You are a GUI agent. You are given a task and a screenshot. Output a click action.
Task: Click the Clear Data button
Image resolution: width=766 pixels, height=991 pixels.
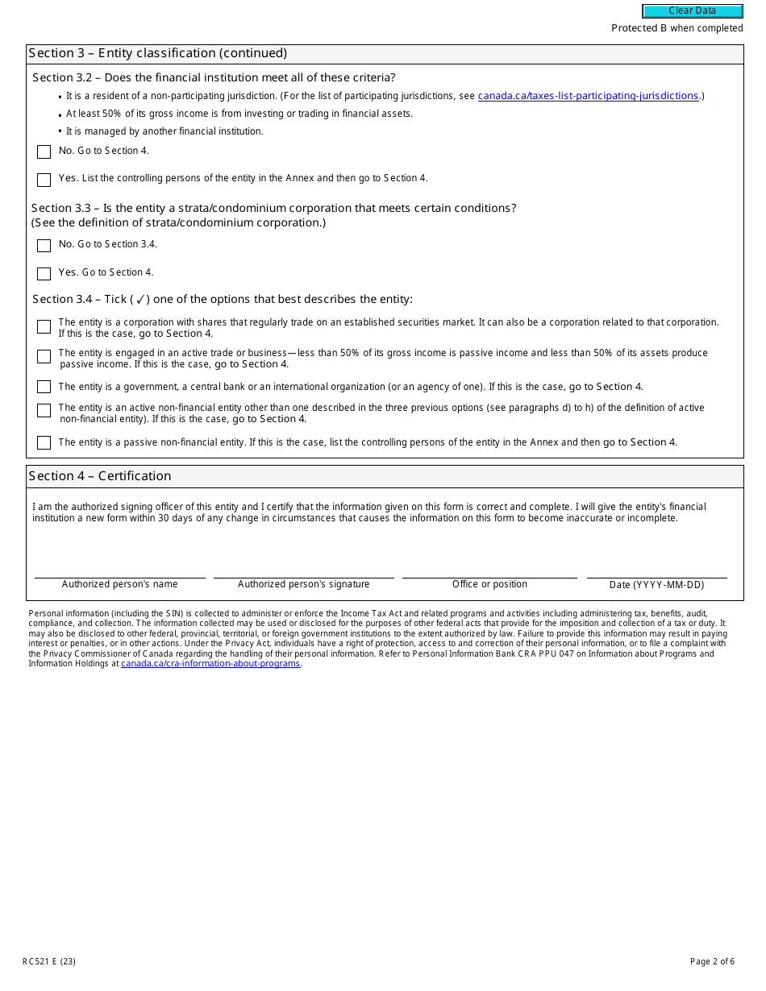[692, 11]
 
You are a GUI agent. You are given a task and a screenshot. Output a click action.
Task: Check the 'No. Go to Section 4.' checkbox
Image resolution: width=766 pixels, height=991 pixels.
[44, 151]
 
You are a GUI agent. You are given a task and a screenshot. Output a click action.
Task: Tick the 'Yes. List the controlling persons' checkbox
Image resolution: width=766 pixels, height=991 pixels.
[44, 180]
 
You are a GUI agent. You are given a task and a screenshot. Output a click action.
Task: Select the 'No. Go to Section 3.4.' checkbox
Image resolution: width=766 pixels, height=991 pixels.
[44, 245]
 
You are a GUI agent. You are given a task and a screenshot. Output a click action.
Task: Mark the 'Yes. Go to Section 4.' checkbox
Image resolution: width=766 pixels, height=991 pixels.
[44, 273]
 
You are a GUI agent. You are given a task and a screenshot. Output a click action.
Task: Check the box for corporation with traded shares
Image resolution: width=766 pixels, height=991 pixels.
[44, 326]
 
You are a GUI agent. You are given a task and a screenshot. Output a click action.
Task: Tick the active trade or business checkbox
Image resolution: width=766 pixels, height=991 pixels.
[44, 356]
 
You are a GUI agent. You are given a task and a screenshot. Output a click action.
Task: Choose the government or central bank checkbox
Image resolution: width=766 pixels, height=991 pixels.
[44, 387]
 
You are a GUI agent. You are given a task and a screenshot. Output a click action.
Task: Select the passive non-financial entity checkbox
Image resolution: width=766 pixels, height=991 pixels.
[44, 442]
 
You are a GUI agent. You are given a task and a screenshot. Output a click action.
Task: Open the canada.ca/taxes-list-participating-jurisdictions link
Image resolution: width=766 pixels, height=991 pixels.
[588, 96]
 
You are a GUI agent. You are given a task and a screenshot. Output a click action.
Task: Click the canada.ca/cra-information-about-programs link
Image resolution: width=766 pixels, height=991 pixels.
[210, 663]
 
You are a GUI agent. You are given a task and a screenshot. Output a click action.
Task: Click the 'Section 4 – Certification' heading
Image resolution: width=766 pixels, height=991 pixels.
[100, 476]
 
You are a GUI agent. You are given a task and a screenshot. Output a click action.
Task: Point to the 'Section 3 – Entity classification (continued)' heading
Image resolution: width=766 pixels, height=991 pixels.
[158, 53]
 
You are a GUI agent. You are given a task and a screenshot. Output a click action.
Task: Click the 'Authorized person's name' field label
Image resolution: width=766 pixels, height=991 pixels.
[119, 584]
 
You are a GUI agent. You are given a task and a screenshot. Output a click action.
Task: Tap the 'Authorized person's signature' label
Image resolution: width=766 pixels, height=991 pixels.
[303, 584]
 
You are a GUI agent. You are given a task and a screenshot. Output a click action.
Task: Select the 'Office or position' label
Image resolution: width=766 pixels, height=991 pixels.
[489, 584]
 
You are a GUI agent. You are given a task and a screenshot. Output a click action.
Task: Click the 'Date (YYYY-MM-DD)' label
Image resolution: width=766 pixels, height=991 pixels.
[656, 585]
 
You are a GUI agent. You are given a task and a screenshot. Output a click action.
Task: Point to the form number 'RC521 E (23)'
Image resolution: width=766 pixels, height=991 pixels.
[49, 961]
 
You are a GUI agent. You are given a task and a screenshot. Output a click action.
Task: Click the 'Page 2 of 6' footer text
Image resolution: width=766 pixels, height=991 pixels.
[712, 961]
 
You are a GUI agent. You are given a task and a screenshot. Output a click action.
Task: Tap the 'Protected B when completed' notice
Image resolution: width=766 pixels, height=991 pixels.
[676, 28]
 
